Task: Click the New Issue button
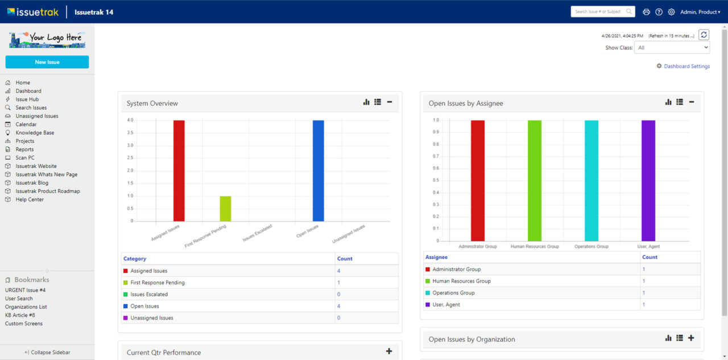(47, 62)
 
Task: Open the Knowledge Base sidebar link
(35, 133)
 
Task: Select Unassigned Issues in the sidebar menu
(36, 116)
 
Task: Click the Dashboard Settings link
(686, 67)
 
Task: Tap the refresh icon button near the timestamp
(704, 35)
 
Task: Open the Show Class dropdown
(672, 48)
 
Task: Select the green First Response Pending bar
(225, 209)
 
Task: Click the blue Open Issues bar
(318, 171)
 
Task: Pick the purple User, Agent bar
(648, 180)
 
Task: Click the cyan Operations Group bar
(591, 180)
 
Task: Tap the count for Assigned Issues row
(338, 271)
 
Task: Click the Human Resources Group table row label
(461, 281)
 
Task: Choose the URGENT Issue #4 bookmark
(25, 290)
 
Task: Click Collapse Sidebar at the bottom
(47, 353)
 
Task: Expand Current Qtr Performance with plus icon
(389, 351)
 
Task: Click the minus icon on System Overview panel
(390, 102)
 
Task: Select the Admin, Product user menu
(700, 12)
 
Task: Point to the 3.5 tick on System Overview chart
(130, 133)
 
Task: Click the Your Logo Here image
(47, 39)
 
